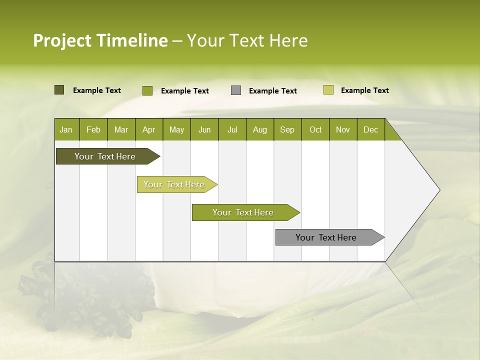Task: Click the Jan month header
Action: (66, 129)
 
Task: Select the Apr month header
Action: (148, 129)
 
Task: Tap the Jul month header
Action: (232, 129)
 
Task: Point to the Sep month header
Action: (287, 129)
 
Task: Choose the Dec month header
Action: (370, 129)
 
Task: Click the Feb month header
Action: (93, 129)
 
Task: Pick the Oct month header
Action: (315, 129)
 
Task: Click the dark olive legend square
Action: (59, 90)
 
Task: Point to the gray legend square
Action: (236, 90)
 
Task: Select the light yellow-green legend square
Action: (328, 90)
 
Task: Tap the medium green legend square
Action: (147, 90)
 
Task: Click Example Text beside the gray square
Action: (272, 91)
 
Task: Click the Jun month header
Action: (204, 129)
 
